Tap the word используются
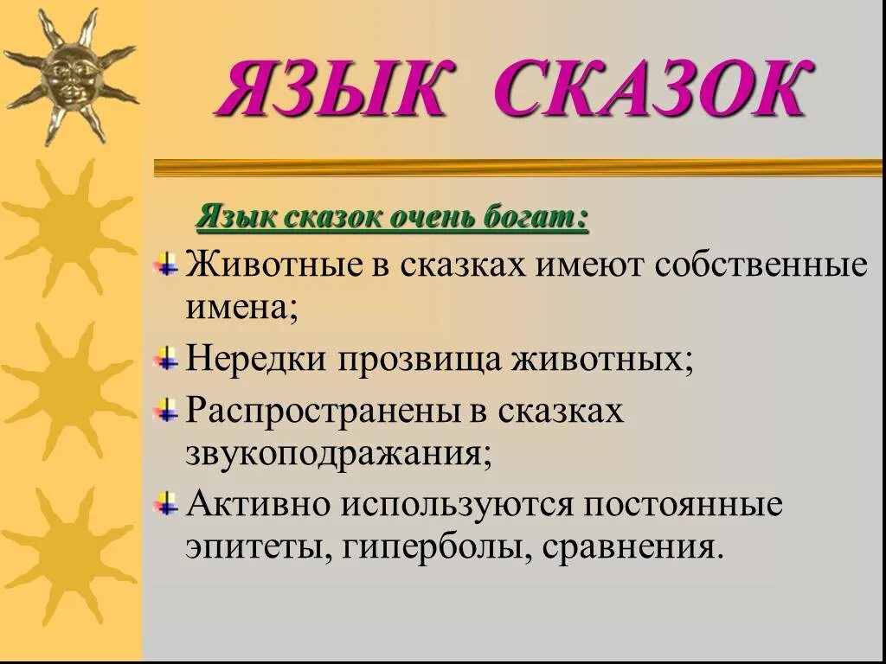[456, 504]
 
